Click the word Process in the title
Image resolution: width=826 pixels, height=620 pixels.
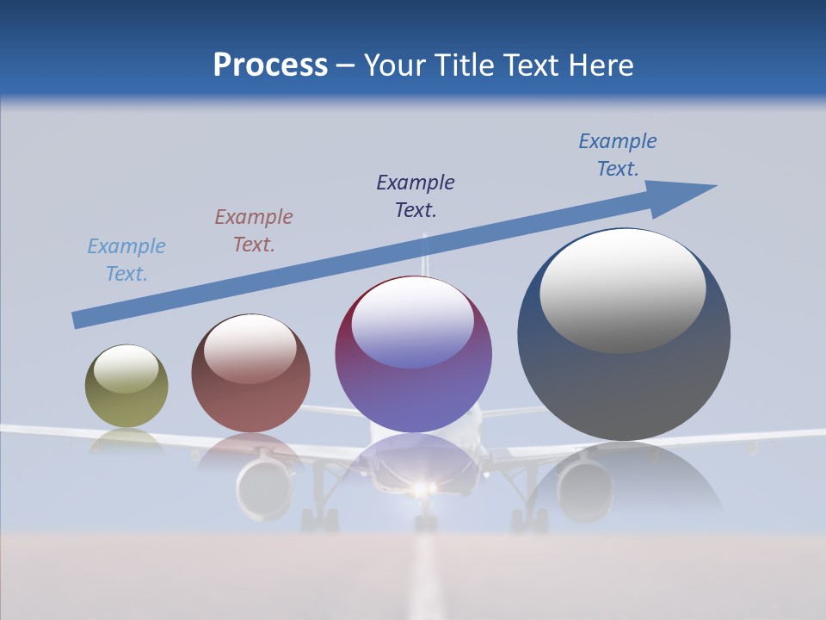pos(270,65)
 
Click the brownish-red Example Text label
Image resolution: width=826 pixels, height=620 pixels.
pos(254,231)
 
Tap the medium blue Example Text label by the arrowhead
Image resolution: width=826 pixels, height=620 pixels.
pos(618,155)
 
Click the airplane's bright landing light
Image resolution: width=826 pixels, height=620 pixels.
pos(421,489)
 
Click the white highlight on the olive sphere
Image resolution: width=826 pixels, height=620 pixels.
pos(126,369)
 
